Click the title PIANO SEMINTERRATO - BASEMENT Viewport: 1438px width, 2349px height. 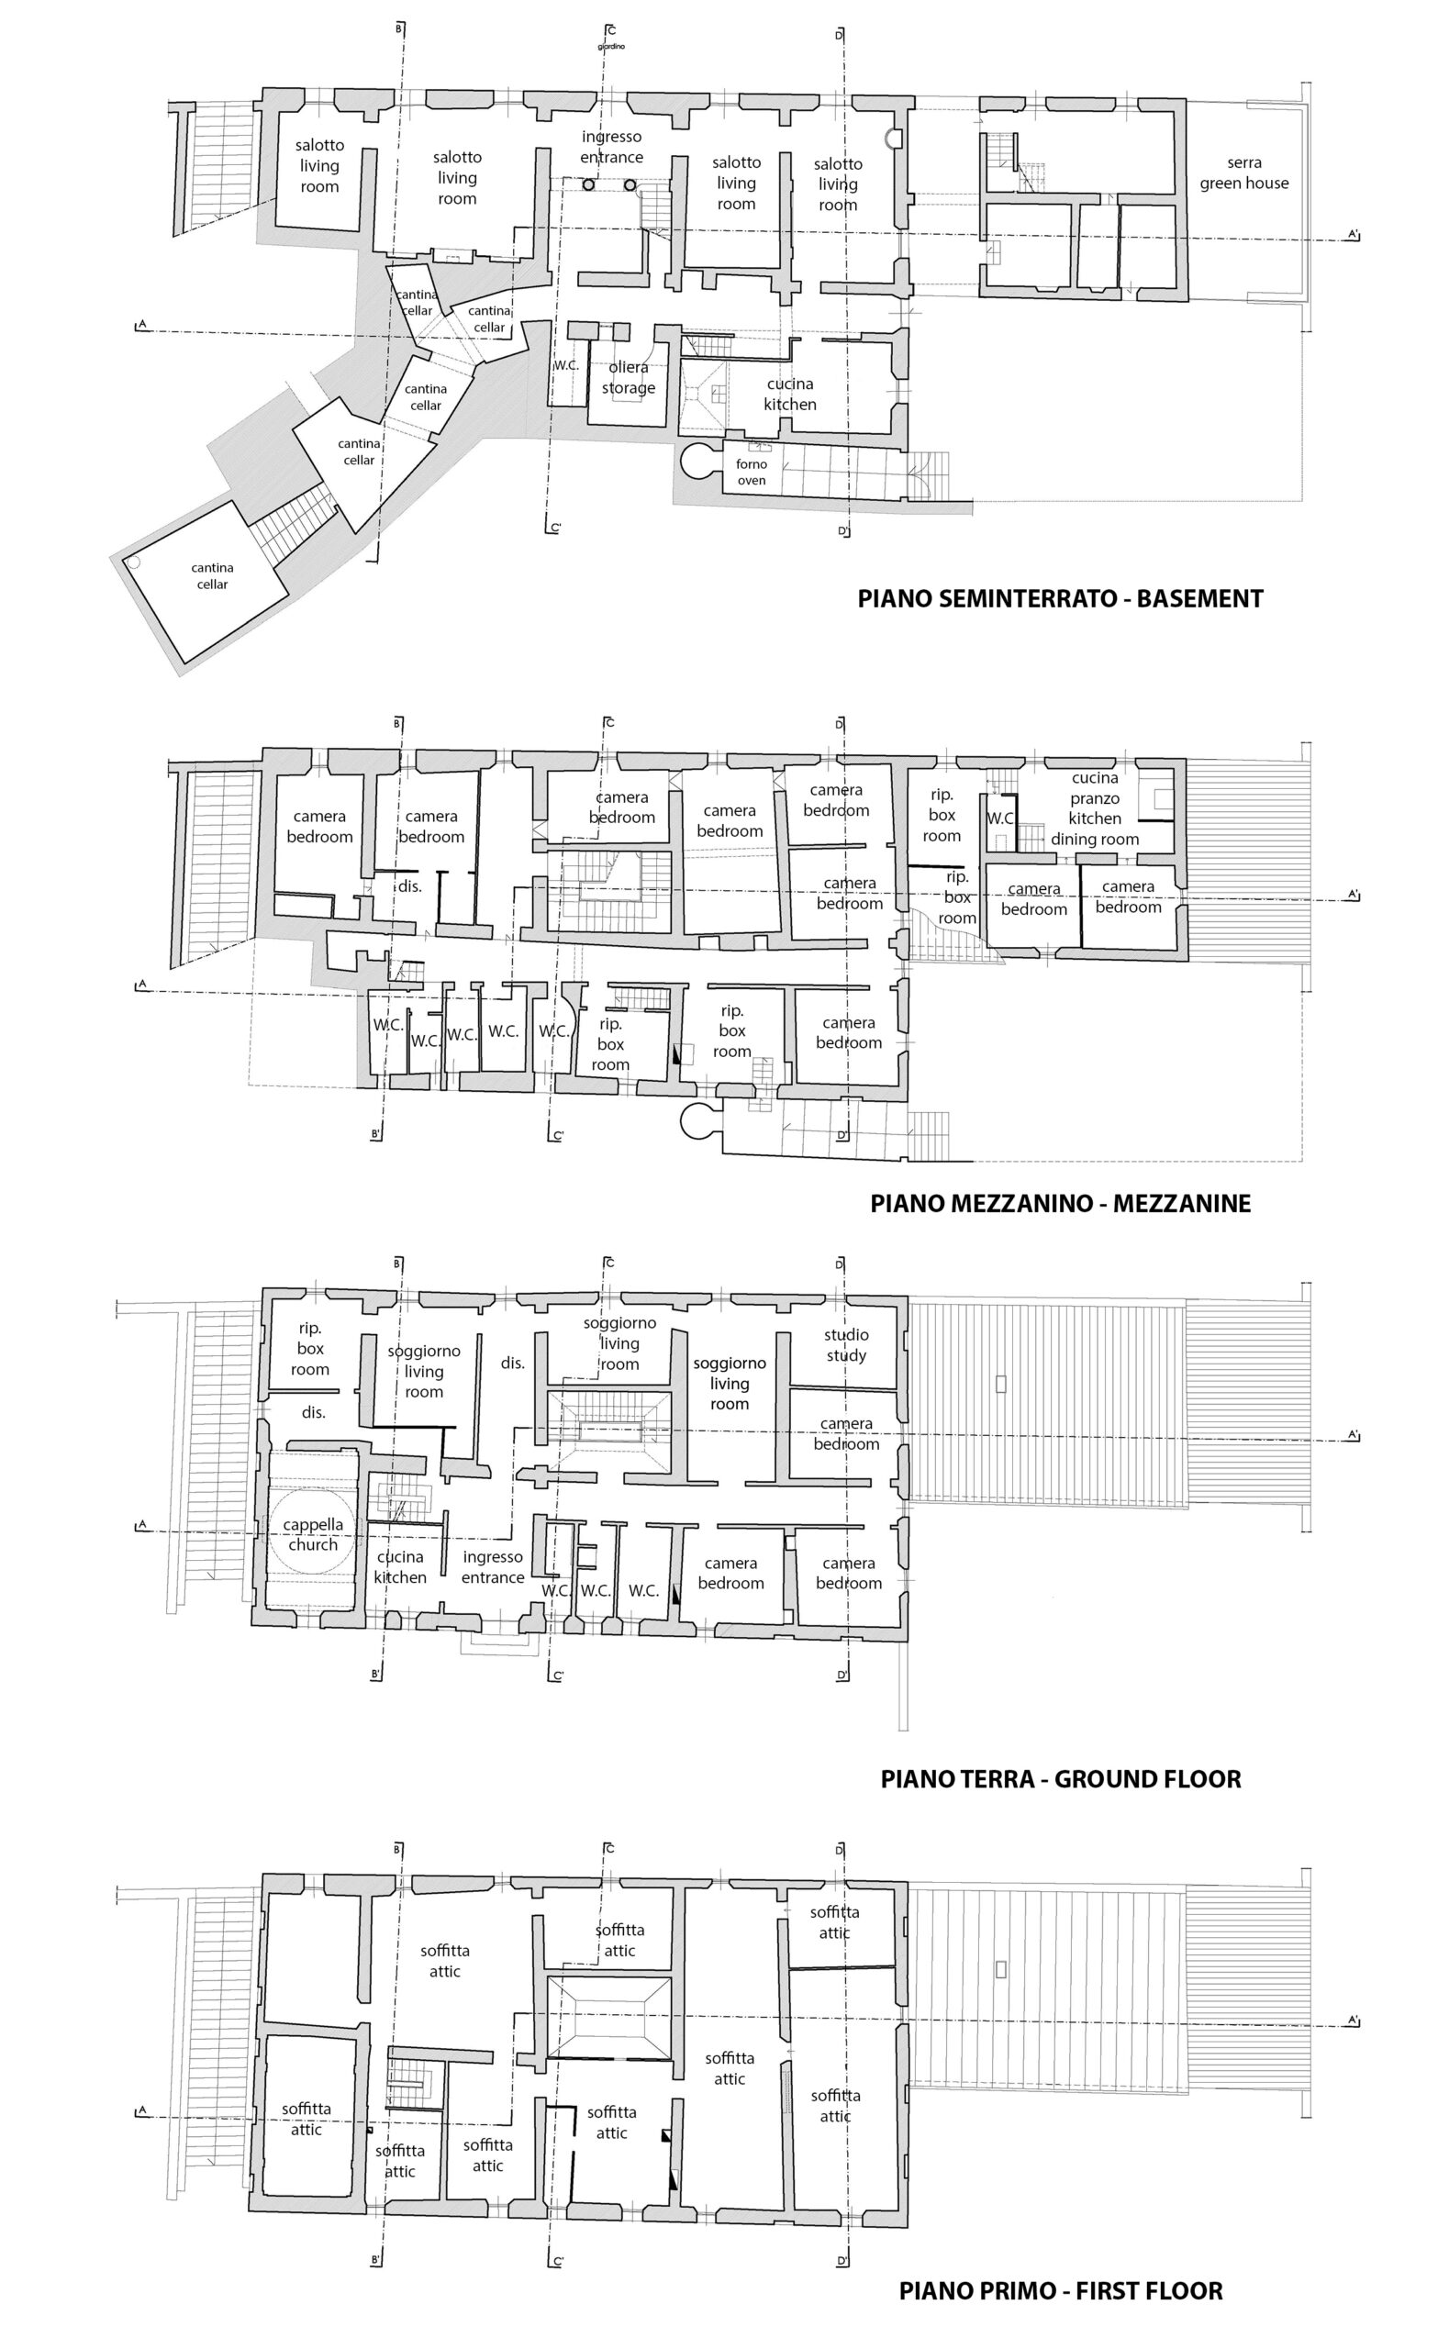1059,598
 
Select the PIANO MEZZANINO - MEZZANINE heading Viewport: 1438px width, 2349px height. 1059,1203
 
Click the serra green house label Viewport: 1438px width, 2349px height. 1243,173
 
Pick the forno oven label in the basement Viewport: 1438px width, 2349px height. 752,472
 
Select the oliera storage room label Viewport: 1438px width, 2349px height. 628,377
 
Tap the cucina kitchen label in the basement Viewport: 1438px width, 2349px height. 789,394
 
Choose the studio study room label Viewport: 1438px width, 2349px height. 846,1345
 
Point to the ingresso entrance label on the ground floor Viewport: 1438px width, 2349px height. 492,1567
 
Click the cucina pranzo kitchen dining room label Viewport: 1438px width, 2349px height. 1095,808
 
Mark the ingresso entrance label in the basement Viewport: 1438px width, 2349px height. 611,148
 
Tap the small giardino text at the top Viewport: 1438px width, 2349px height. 611,46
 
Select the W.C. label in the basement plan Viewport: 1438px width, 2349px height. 565,365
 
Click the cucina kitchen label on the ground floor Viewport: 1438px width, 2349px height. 399,1567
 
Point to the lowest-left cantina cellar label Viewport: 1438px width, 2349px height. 212,576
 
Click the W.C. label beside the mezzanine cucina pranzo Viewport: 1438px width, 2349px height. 1000,818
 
